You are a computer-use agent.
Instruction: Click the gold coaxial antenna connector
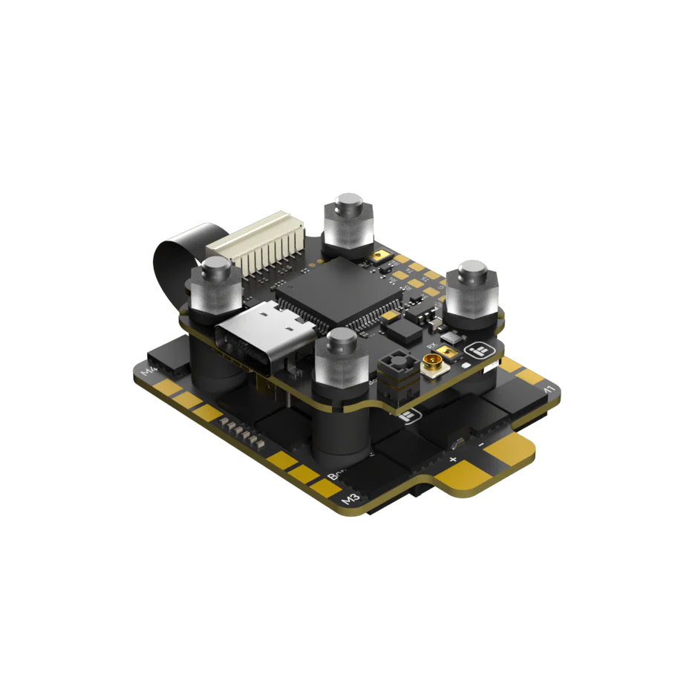430,366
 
